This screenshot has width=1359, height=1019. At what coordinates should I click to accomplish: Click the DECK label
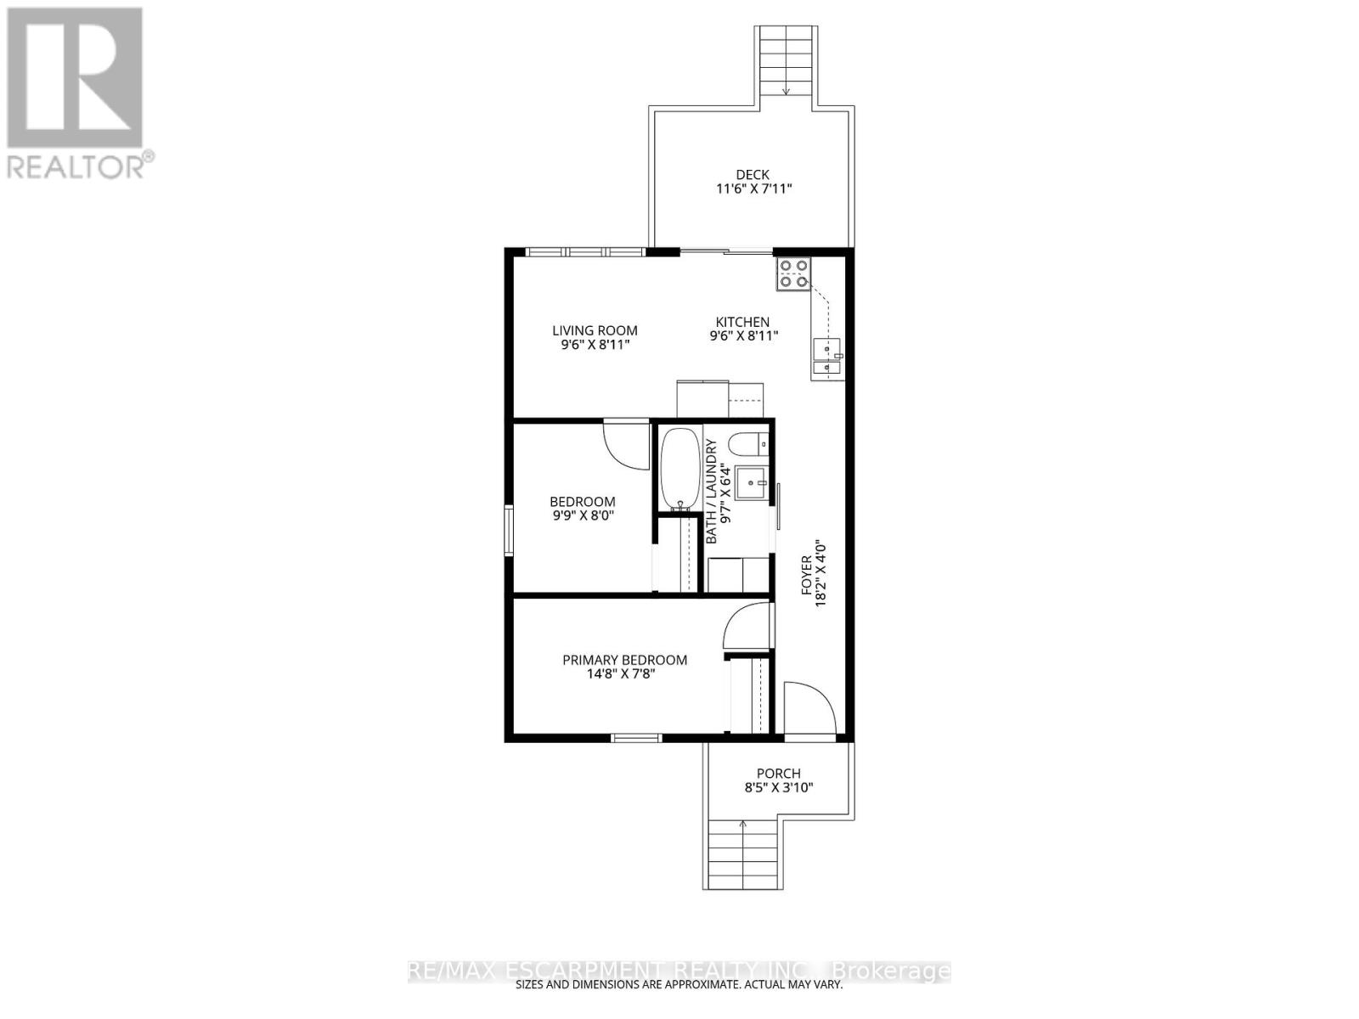coord(753,175)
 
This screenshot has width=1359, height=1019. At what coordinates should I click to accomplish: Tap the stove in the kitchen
coord(793,273)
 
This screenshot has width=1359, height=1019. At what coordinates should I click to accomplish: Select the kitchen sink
coord(826,357)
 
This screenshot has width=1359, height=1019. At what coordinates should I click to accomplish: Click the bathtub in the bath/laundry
coord(679,470)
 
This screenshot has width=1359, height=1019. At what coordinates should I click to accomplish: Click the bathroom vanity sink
coord(752,485)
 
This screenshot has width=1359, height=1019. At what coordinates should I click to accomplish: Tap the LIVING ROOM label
coord(595,331)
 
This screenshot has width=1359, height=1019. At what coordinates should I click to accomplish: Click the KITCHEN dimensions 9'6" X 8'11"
coord(744,336)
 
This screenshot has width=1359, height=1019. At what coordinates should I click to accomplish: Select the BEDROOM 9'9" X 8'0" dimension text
coord(582,515)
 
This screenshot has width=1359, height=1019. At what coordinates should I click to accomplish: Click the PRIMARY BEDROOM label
coord(625,660)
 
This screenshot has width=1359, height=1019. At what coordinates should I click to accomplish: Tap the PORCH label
coord(778,774)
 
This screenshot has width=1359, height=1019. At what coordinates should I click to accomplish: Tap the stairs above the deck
coord(787,60)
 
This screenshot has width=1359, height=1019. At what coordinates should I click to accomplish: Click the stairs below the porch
coord(742,853)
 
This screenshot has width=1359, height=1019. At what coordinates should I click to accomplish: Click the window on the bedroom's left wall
coord(509,531)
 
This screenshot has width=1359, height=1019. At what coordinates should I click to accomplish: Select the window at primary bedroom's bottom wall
coord(637,738)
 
